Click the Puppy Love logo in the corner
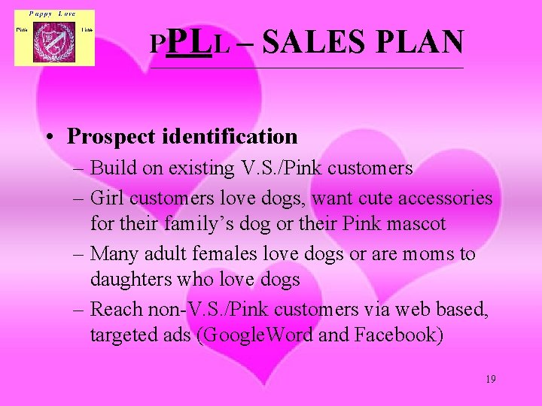coord(54,38)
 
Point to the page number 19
coord(490,379)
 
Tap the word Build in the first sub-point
coord(110,168)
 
